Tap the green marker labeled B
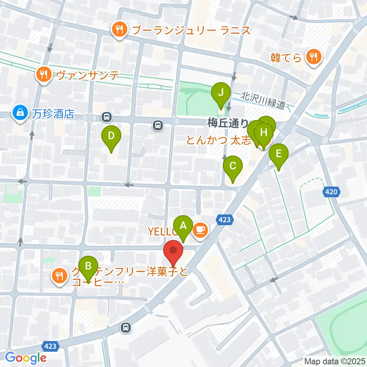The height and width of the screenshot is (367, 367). tap(88, 266)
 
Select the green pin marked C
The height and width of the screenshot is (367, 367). tap(233, 167)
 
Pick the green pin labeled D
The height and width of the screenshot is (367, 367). tap(111, 136)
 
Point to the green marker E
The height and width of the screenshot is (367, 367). tap(278, 154)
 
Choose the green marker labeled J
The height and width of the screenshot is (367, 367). tap(221, 93)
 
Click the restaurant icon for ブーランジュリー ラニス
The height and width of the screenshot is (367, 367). tap(119, 30)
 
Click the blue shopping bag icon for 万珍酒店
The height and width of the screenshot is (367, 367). tap(19, 114)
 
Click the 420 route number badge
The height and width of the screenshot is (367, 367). tap(331, 192)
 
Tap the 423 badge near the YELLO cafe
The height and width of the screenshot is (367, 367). tap(225, 219)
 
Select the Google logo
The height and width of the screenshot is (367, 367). tap(26, 358)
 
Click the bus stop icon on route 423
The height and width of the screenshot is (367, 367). tap(125, 327)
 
